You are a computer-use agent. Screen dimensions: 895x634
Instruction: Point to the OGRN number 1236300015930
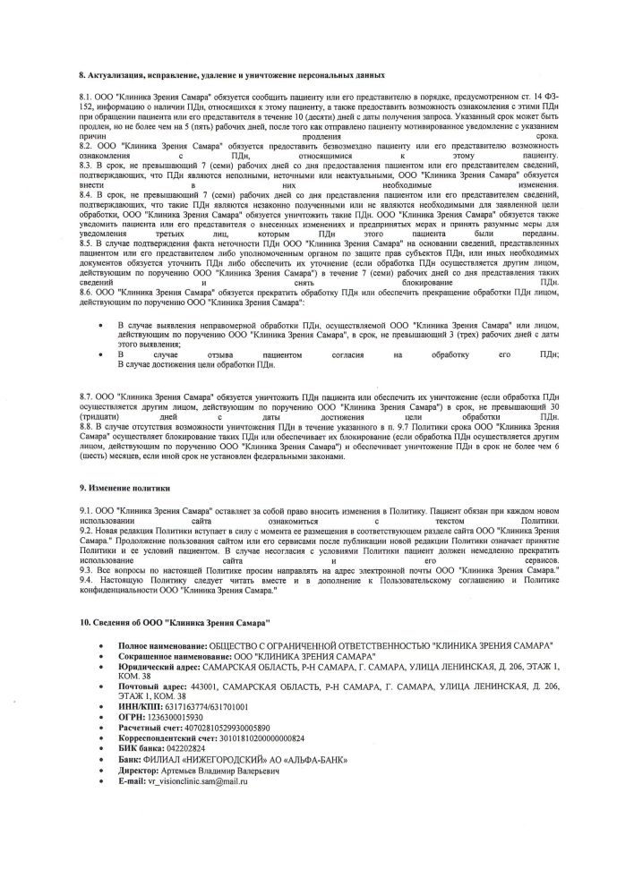tap(177, 717)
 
